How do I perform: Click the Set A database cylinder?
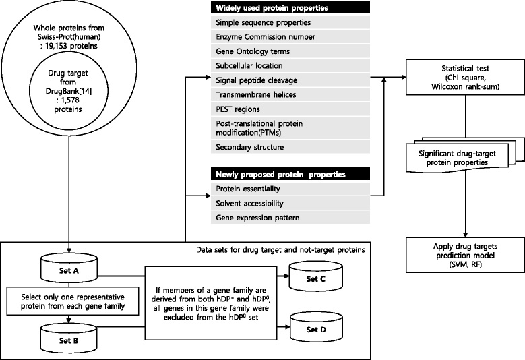(69, 270)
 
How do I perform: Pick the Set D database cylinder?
(315, 329)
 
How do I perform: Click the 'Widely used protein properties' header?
(290, 7)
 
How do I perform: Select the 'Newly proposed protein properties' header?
(290, 174)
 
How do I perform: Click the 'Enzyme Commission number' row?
(290, 37)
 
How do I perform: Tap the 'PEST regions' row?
(290, 109)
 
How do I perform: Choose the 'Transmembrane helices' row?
(290, 95)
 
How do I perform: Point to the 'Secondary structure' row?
(290, 147)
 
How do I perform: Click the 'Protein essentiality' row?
(290, 189)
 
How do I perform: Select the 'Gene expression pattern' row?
(290, 218)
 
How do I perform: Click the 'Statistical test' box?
(465, 78)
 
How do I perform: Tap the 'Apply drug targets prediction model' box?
(465, 256)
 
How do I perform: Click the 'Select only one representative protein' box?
(73, 301)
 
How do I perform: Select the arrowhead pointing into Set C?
(286, 276)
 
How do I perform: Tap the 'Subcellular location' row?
(290, 65)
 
